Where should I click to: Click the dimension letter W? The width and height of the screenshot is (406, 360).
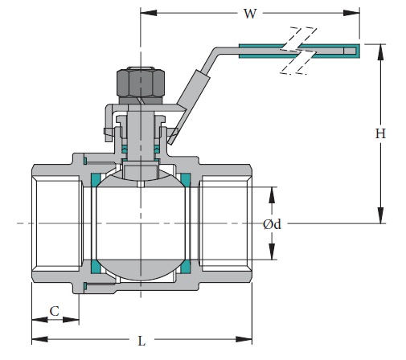coord(250,13)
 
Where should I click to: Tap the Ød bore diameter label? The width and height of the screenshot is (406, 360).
coord(272,224)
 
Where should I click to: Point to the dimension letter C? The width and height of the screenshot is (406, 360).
coord(55,310)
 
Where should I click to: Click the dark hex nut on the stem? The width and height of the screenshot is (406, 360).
coord(141,81)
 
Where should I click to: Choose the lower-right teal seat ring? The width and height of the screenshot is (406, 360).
coord(185,266)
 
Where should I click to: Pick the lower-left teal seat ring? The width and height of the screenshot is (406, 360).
coord(96,266)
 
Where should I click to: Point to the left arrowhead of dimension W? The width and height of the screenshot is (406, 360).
coord(147,13)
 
